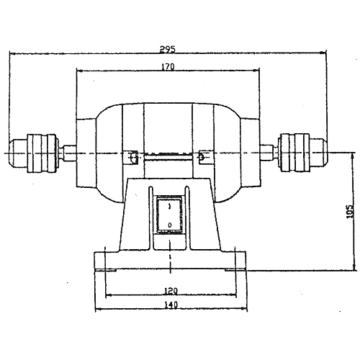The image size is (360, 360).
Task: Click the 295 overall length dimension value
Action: (x=168, y=49)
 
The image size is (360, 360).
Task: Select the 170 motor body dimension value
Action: (x=168, y=67)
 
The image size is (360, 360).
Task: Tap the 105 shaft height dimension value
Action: (x=351, y=211)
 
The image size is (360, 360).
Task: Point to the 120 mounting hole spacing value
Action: (x=171, y=291)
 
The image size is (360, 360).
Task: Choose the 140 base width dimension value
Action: (x=171, y=305)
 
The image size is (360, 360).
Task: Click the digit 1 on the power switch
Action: (x=170, y=207)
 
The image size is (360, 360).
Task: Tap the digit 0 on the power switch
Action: (x=170, y=225)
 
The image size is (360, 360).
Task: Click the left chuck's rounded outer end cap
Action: (x=18, y=153)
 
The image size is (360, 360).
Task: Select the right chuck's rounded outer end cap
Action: (x=318, y=153)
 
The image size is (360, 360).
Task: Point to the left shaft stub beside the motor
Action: (x=68, y=153)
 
